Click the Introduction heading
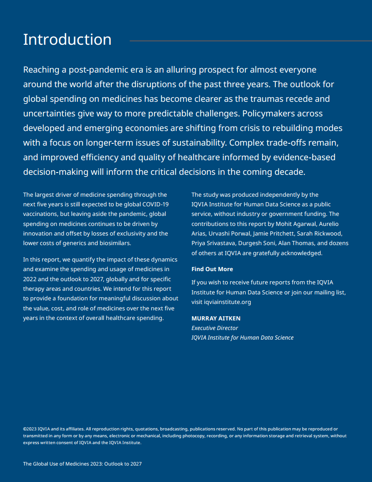(x=67, y=39)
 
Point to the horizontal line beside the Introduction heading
(x=251, y=41)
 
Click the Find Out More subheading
(x=212, y=269)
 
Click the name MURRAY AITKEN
(x=216, y=318)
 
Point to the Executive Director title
(x=215, y=328)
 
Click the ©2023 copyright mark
(x=30, y=429)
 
